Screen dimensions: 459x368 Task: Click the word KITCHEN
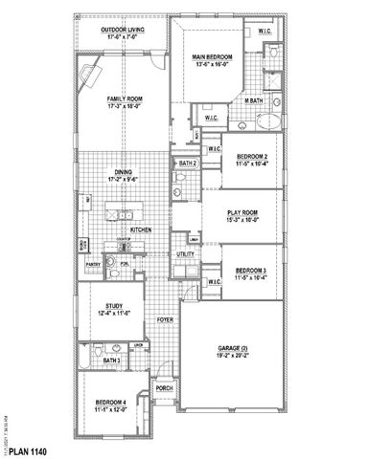[142, 229]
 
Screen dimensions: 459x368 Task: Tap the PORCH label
[164, 387]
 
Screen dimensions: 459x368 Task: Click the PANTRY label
[94, 262]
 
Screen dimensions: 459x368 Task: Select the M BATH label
[253, 100]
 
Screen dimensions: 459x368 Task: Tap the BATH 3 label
[110, 361]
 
